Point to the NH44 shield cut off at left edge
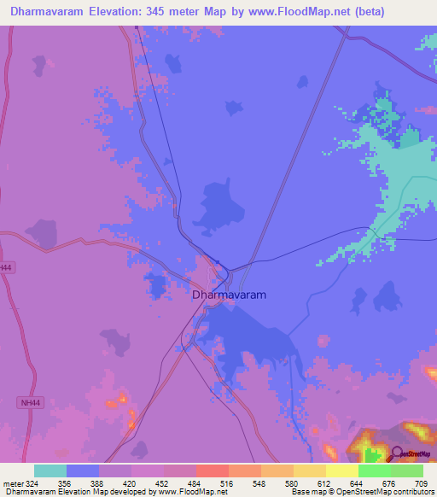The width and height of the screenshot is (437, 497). click(6, 267)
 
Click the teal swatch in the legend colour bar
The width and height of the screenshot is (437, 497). click(50, 471)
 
